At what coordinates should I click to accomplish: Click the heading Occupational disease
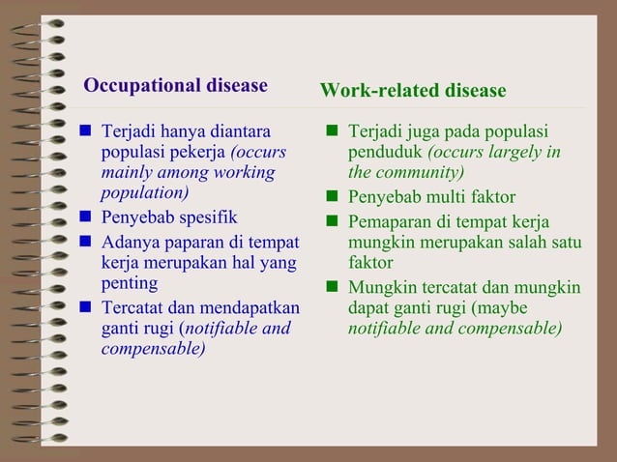coord(175,85)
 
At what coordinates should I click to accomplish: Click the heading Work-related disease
coord(413,91)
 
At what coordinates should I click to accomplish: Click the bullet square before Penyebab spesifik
coord(84,217)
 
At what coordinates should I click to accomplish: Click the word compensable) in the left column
coord(153,348)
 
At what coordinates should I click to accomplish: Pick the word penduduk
coord(385,153)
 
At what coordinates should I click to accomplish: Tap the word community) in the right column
coord(418,173)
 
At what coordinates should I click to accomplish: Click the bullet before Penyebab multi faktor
coord(332,197)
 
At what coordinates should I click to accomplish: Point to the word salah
coord(527,242)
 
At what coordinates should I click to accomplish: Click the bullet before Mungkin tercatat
coord(332,287)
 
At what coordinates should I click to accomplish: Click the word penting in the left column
coord(130,283)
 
